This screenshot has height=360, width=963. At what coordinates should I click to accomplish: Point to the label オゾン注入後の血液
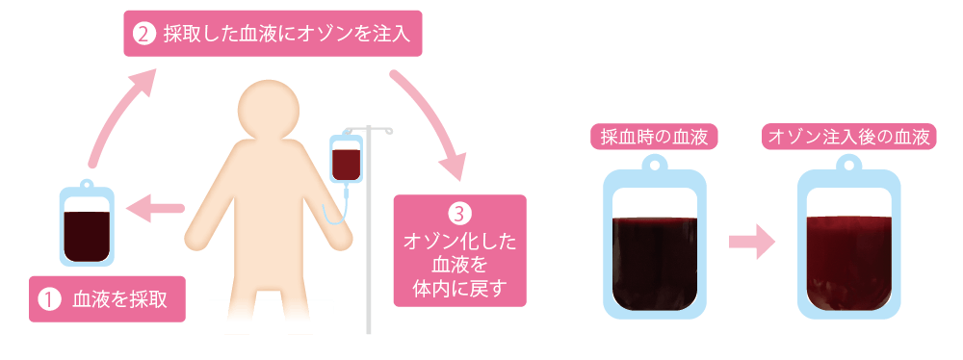(848, 139)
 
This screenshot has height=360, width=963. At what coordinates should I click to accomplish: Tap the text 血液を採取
(120, 298)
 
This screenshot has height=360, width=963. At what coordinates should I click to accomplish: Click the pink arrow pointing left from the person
(154, 207)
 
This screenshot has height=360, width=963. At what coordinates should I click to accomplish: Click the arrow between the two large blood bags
(751, 241)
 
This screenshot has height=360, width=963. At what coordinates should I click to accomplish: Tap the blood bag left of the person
(87, 223)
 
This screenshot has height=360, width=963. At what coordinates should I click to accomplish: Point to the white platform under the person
(272, 316)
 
